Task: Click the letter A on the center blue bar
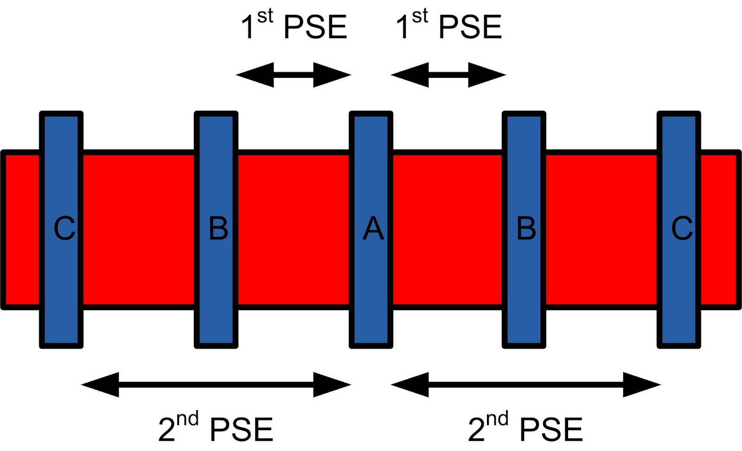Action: coord(373,229)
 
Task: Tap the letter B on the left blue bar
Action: coord(218,229)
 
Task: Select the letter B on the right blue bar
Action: coord(526,229)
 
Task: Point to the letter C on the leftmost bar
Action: coord(64,229)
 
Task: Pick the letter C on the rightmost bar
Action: coord(682,229)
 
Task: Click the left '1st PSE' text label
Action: coord(294,26)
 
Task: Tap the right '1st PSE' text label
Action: coord(449,26)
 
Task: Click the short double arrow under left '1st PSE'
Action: coord(294,75)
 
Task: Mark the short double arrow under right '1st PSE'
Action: coord(448,75)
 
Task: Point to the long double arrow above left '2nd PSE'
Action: coord(216,384)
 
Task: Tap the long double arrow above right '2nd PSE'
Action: coord(526,384)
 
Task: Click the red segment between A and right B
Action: coord(448,229)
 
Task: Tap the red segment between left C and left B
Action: coord(139,229)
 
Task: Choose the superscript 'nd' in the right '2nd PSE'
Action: coord(498,419)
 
